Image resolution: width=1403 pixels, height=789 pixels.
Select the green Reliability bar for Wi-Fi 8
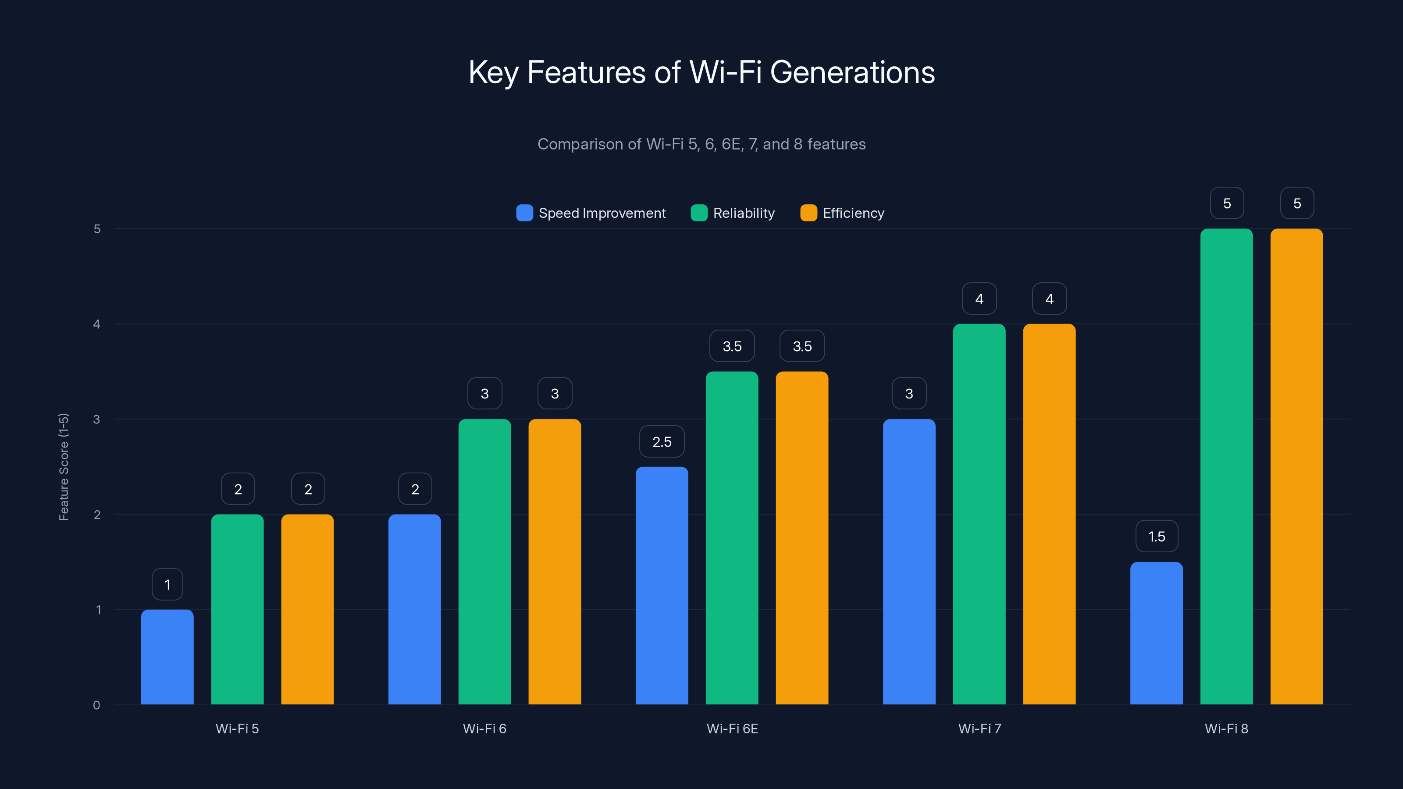click(x=1227, y=467)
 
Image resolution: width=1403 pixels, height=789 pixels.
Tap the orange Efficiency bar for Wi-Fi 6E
click(x=802, y=538)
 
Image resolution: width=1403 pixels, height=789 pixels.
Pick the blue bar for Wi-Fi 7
click(x=909, y=562)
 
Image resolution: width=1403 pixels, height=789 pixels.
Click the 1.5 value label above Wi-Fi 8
click(x=1156, y=537)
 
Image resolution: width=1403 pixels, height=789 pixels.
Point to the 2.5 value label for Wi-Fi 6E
click(x=662, y=441)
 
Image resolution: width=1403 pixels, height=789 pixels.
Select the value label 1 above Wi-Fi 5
click(x=167, y=584)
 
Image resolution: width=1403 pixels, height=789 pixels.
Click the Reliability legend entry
click(x=733, y=213)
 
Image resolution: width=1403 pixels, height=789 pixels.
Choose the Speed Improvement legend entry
click(x=591, y=213)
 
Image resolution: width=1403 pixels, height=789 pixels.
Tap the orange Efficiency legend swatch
click(x=808, y=213)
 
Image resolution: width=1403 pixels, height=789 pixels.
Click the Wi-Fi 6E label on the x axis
click(x=732, y=729)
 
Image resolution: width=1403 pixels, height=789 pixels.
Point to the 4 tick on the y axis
click(x=96, y=324)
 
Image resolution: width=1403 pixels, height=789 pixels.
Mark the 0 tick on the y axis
click(x=96, y=705)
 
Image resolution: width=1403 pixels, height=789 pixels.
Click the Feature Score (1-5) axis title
click(x=64, y=467)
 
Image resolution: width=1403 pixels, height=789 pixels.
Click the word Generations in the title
click(x=852, y=72)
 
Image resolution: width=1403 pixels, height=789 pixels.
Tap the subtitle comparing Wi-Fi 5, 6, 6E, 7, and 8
click(x=701, y=144)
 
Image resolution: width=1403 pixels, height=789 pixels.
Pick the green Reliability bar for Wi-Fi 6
click(x=484, y=562)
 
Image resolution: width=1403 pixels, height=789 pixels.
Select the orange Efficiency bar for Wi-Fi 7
click(x=1049, y=514)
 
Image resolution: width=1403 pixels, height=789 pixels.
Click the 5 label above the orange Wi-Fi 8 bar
click(x=1297, y=203)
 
